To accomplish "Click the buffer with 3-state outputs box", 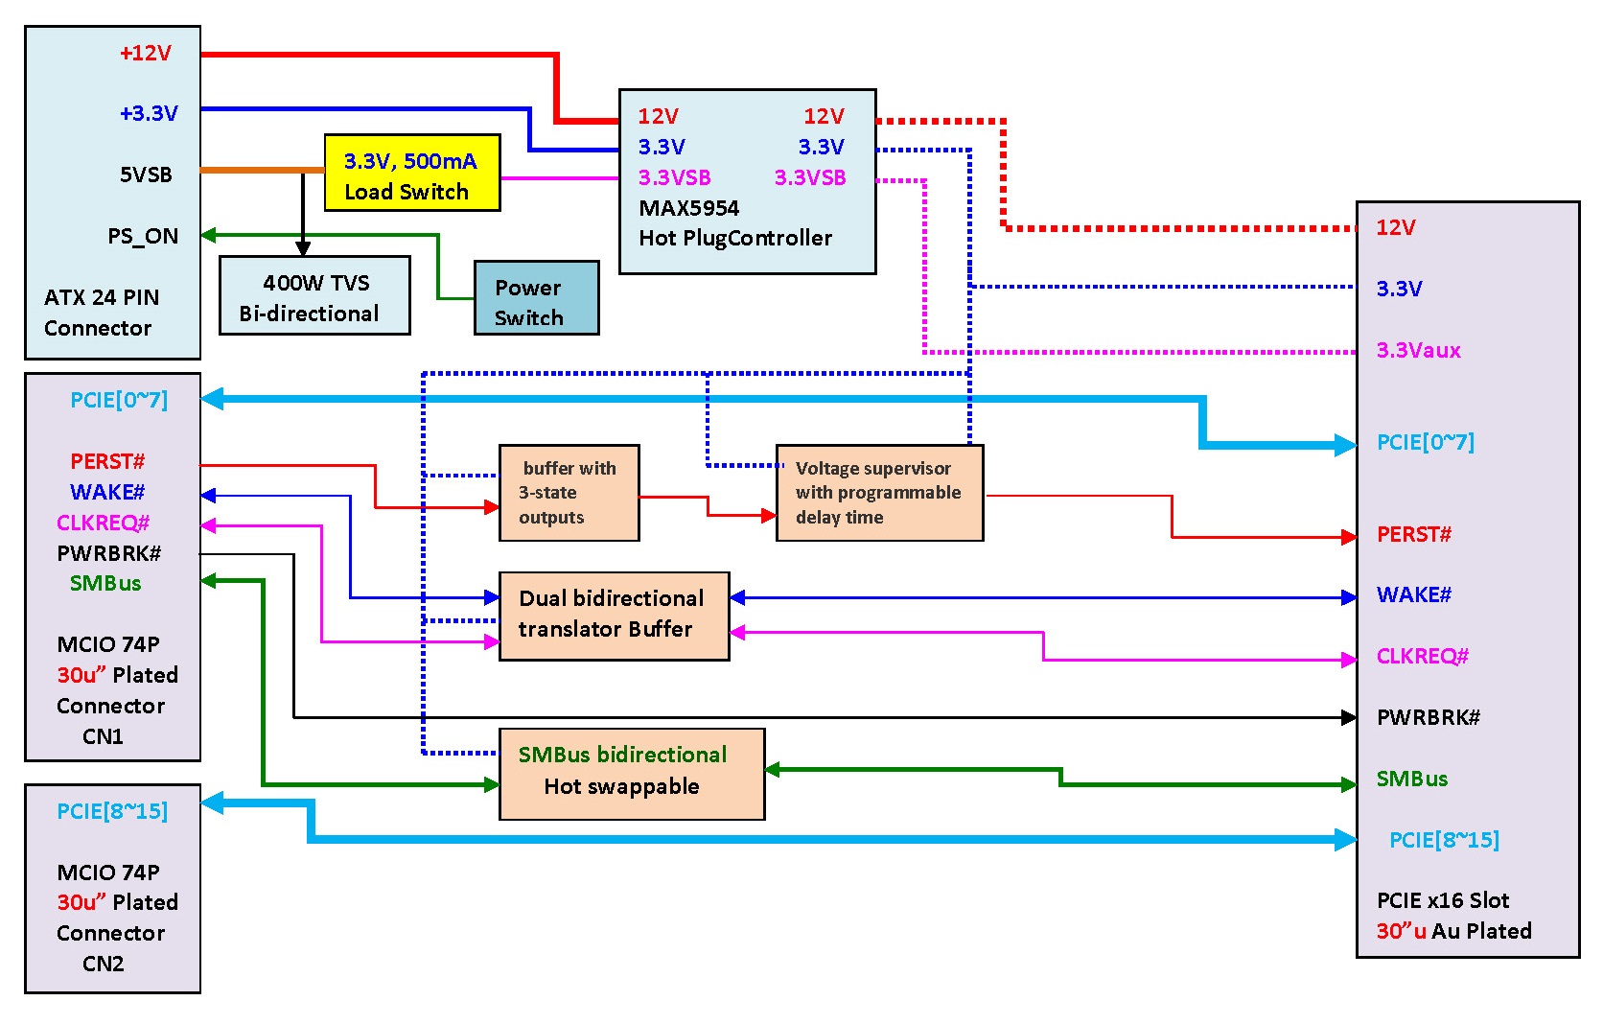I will [569, 493].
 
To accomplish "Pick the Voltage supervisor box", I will [879, 493].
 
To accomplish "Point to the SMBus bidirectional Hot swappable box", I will [632, 774].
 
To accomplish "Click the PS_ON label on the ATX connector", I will [143, 236].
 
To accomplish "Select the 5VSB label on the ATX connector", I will [146, 175].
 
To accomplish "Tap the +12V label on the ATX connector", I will [146, 53].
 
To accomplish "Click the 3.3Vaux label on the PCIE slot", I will [1418, 350].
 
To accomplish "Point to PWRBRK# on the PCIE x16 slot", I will [1428, 717].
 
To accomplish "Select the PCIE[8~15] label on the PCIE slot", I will [1444, 840].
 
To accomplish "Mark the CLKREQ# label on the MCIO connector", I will [104, 523].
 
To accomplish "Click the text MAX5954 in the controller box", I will [688, 208].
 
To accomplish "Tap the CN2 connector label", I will [103, 964].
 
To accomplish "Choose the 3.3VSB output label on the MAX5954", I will [810, 177].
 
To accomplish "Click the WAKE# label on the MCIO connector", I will [107, 492].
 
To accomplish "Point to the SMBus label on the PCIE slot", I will [1411, 779].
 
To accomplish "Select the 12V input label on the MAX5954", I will [658, 116].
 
